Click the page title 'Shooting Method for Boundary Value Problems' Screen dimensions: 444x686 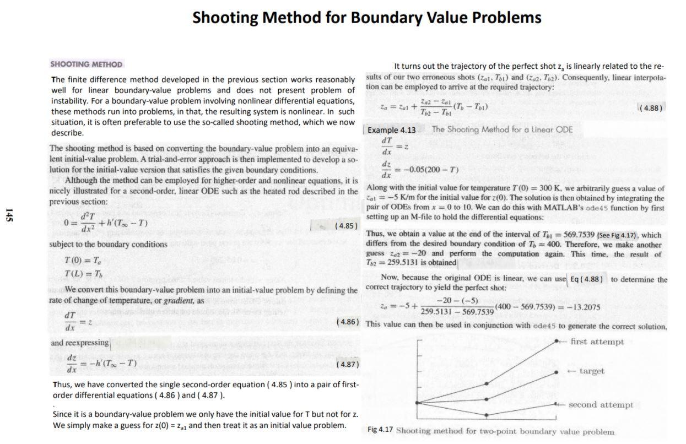(x=366, y=17)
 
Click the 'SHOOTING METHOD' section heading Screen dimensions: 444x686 (x=87, y=64)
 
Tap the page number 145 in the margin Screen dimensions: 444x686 (x=8, y=215)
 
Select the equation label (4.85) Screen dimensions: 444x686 (x=347, y=226)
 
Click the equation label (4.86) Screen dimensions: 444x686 (x=348, y=321)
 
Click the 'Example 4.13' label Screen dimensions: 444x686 (x=392, y=130)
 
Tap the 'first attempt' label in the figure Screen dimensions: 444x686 (x=597, y=342)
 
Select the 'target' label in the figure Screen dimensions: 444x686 (x=592, y=371)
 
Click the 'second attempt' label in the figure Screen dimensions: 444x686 (x=601, y=405)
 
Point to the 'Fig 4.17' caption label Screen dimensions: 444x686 (x=380, y=430)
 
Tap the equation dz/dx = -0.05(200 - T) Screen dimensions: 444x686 (x=419, y=169)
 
